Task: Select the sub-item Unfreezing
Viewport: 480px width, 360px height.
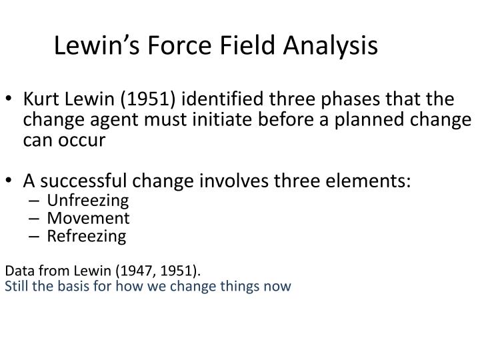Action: [x=87, y=201]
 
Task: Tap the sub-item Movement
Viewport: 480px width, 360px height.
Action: [x=88, y=218]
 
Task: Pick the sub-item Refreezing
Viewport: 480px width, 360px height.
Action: [x=86, y=235]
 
